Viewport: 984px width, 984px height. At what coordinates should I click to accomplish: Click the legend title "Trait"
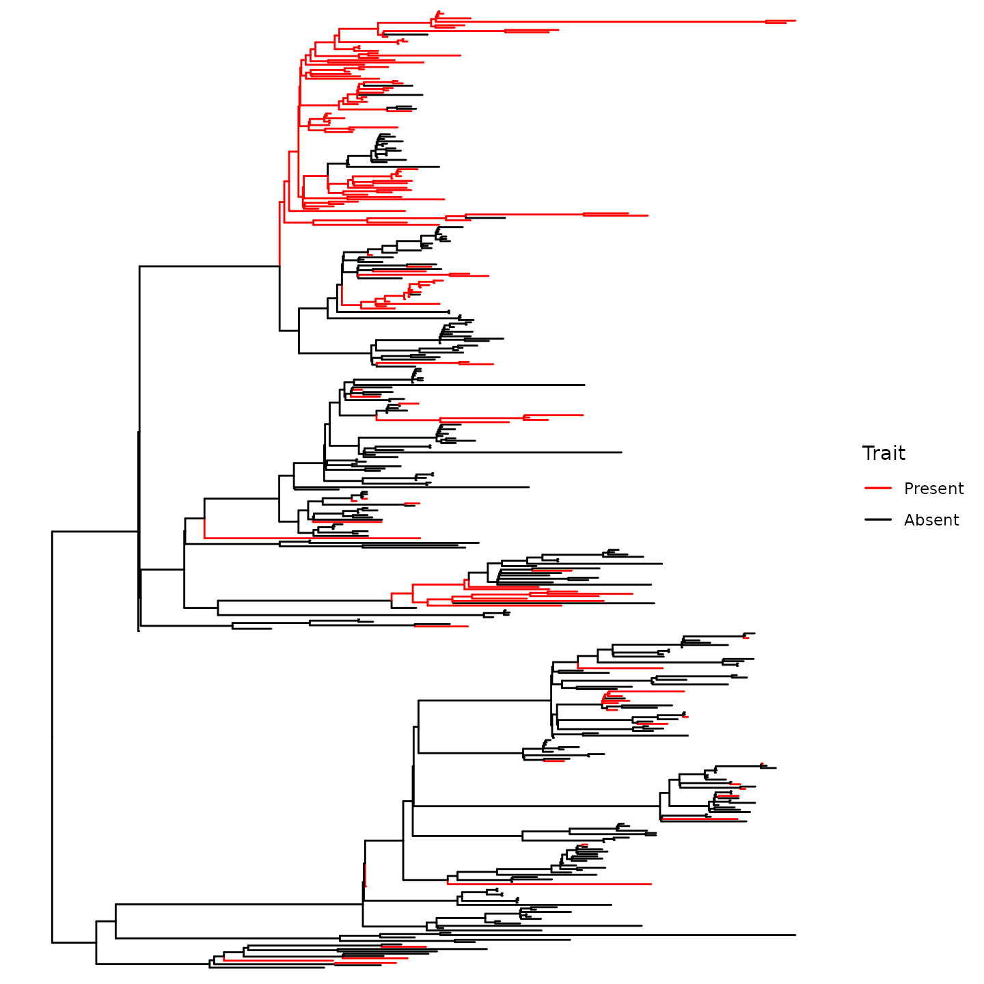[884, 453]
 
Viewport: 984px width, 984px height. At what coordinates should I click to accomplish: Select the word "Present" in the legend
[933, 488]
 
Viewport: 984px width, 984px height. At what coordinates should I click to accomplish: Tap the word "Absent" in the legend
[931, 520]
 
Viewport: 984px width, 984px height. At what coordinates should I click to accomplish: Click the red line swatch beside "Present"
[878, 488]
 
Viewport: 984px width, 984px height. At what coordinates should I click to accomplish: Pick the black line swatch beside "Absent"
[878, 520]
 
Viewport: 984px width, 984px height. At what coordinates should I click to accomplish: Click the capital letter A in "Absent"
[910, 520]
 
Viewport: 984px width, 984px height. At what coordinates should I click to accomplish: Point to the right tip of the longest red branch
[795, 20]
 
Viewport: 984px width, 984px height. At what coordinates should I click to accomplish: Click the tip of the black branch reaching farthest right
[795, 935]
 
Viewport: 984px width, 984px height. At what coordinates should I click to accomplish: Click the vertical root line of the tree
[52, 737]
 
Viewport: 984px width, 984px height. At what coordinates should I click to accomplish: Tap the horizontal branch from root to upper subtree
[96, 532]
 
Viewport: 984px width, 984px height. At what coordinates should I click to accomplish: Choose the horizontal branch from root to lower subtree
[74, 942]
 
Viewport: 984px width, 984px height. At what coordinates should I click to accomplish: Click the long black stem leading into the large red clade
[209, 266]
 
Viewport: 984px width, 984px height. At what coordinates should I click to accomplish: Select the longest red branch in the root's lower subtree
[549, 884]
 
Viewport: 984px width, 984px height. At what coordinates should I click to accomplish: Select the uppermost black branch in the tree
[405, 34]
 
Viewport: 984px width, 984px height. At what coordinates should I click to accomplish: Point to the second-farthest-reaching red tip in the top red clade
[648, 215]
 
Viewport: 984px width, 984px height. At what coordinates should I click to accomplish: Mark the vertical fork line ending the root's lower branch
[96, 942]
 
